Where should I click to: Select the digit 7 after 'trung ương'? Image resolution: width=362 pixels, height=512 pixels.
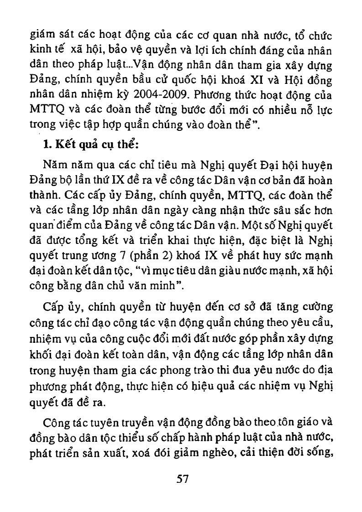[129, 251]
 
